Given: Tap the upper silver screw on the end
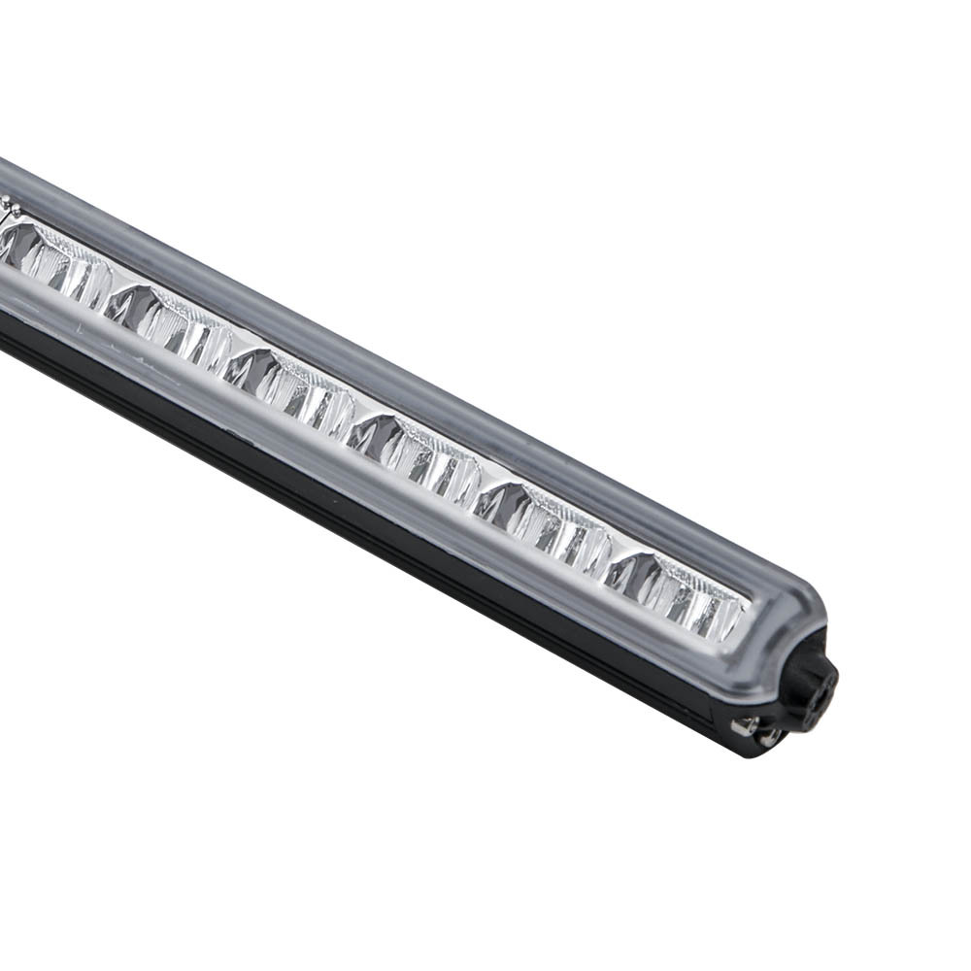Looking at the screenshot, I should (x=744, y=723).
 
